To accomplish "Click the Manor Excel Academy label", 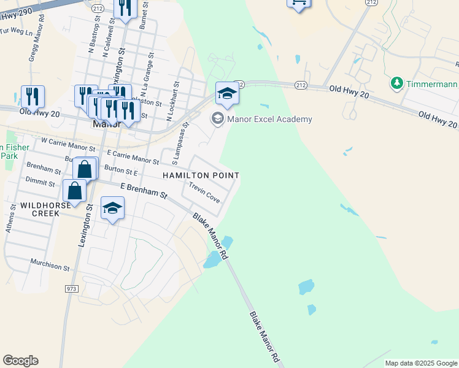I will [269, 119].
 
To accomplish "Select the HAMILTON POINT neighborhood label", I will [200, 175].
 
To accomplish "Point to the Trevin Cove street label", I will [204, 192].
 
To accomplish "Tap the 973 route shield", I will [72, 288].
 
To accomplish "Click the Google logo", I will [20, 361].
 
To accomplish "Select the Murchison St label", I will [50, 264].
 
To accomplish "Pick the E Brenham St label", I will [144, 190].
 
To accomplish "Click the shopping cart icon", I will [298, 3].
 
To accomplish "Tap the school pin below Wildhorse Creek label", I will [112, 209].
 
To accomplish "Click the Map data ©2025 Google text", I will [420, 363].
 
